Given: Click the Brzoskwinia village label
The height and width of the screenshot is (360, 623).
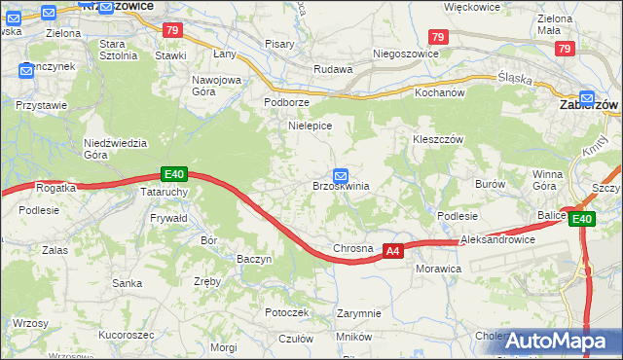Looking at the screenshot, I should point(340,186).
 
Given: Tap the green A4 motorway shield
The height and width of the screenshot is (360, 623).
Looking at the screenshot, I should point(391,251).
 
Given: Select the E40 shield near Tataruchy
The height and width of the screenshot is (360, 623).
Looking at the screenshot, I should point(174,174).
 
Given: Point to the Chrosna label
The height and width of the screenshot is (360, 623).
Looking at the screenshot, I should point(353,248).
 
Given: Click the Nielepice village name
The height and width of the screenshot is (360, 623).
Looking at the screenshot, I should point(311,126).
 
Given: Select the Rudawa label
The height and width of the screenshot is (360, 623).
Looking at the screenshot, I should point(332,70).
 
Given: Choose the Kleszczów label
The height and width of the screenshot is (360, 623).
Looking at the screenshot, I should point(437,138).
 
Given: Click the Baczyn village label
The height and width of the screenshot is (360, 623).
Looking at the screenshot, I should point(254,259).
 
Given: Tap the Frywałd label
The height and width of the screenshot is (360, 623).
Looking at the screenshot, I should point(168,220).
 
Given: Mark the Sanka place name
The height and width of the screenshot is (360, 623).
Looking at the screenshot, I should point(128,283).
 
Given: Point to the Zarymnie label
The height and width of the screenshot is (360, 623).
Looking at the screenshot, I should point(358,314).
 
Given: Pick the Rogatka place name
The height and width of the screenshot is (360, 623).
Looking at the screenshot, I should point(55,188).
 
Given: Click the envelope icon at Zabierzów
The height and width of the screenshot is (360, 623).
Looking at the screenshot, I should point(587,98).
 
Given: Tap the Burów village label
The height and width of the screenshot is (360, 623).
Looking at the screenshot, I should point(490,183).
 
